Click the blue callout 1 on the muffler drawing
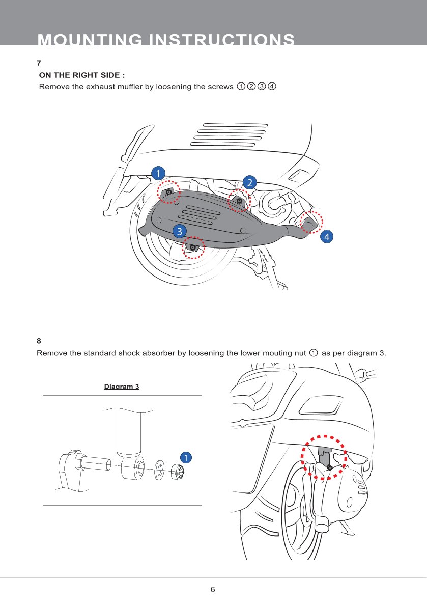(x=158, y=173)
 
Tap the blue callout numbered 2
(x=249, y=182)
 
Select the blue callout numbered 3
(x=179, y=232)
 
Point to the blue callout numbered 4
(x=327, y=236)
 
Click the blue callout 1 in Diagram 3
(x=186, y=458)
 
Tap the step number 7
(x=39, y=63)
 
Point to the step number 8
(x=39, y=341)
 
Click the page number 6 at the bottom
(x=213, y=589)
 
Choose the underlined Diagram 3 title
(x=122, y=387)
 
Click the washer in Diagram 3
(x=159, y=470)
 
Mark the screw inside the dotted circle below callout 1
(x=169, y=192)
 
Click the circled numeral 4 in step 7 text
(x=272, y=86)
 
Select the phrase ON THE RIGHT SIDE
(x=82, y=75)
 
